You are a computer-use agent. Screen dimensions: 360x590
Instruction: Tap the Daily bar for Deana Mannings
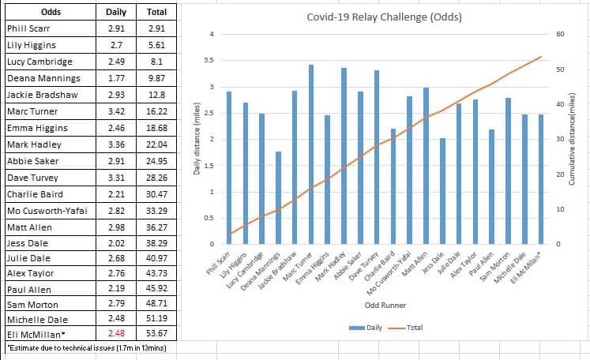[278, 197]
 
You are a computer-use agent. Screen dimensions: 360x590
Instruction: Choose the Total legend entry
[406, 327]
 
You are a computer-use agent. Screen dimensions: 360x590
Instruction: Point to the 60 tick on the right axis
[559, 34]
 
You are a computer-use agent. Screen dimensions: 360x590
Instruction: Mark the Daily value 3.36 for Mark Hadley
[110, 144]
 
